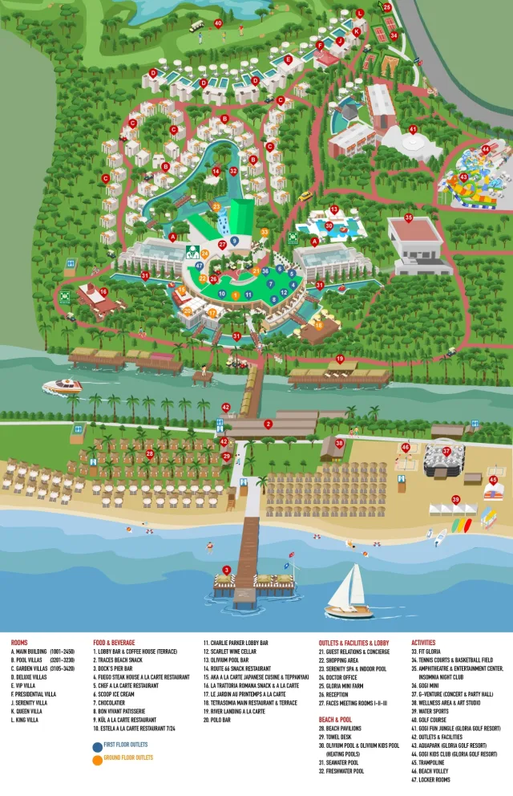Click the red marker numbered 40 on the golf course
click(218, 23)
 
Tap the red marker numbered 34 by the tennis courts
click(393, 35)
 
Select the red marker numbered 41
click(413, 129)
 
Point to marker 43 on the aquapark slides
click(463, 177)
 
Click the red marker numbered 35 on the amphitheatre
click(409, 217)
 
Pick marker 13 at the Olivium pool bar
click(333, 209)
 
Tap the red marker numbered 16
click(103, 291)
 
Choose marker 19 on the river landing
click(340, 359)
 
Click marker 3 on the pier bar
click(227, 570)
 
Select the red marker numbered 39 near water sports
click(455, 499)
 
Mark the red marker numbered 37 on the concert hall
click(446, 451)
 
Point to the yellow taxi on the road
click(305, 196)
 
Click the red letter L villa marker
click(360, 14)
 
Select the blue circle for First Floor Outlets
click(97, 745)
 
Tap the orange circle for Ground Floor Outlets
click(97, 759)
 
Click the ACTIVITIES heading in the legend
click(423, 643)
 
